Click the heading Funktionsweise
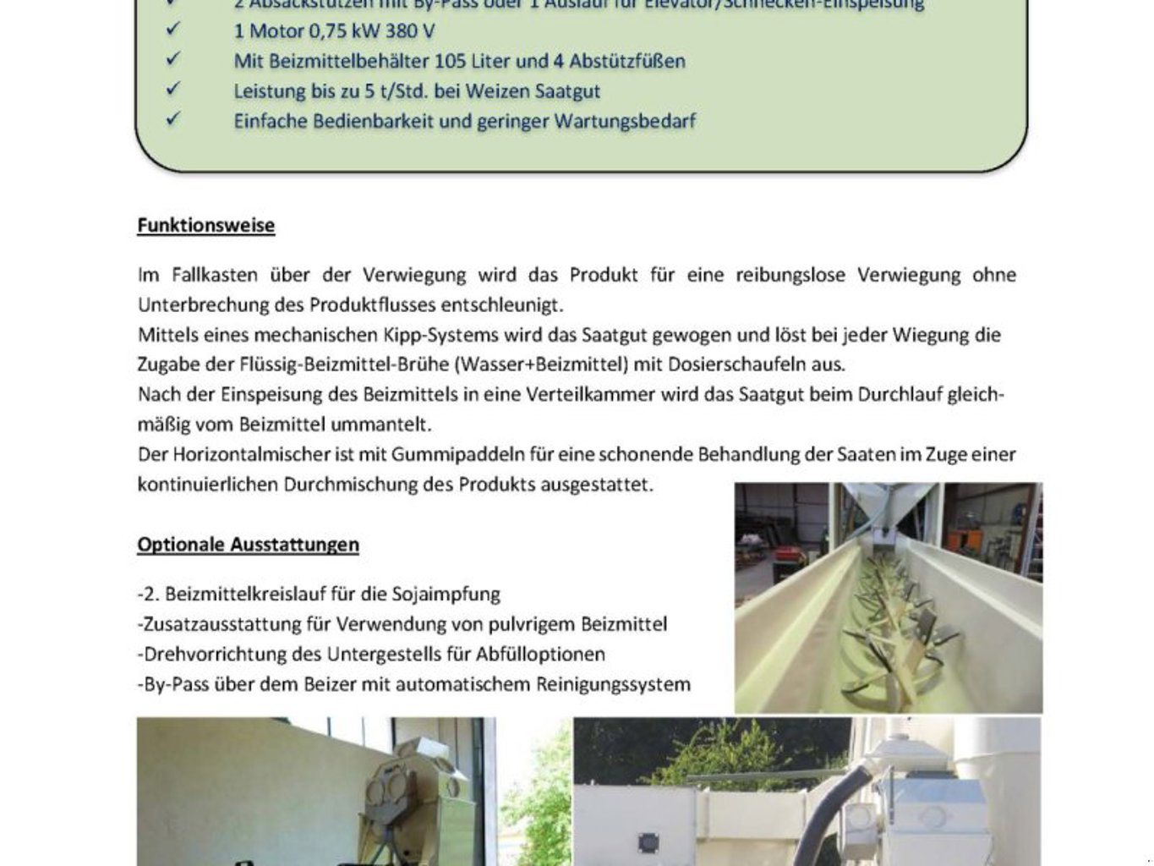click(x=205, y=226)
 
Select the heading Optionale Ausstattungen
click(x=248, y=545)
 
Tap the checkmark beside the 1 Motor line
click(x=173, y=30)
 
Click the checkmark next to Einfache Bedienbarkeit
click(x=173, y=119)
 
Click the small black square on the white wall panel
click(x=648, y=842)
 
